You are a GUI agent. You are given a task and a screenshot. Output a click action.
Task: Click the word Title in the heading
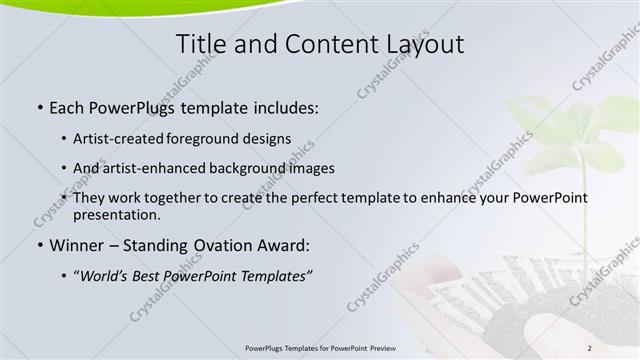point(200,44)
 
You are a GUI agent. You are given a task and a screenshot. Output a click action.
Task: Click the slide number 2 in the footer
point(589,347)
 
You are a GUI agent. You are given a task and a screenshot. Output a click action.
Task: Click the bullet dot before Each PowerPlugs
point(39,105)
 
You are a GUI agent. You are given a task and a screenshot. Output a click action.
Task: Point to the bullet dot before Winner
point(39,246)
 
